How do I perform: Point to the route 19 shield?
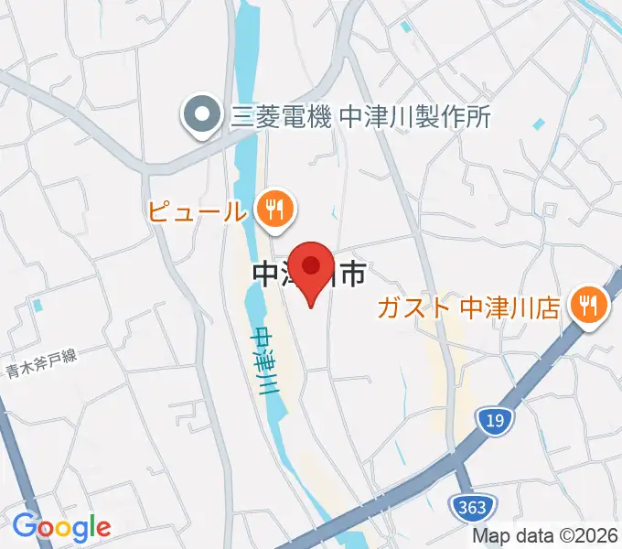492,420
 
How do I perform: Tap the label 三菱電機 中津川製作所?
361,116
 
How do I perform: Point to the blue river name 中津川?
266,361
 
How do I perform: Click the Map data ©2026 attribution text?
545,537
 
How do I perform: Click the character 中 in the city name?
263,273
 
